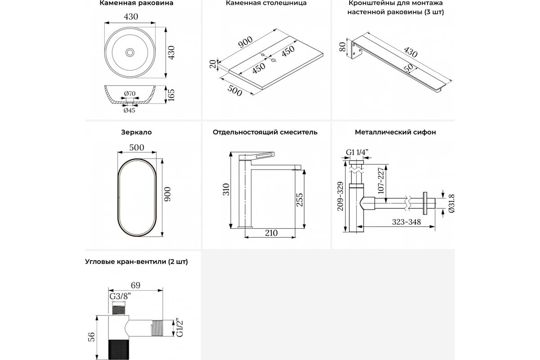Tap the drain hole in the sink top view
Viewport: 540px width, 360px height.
pos(130,53)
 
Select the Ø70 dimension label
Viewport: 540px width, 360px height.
pos(130,94)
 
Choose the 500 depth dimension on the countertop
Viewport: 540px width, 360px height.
pos(234,90)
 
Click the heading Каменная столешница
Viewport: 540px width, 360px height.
pos(266,3)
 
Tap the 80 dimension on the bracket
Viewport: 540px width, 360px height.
pos(342,47)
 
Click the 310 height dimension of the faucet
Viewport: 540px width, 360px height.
pos(226,189)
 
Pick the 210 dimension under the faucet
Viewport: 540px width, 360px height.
pos(271,233)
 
